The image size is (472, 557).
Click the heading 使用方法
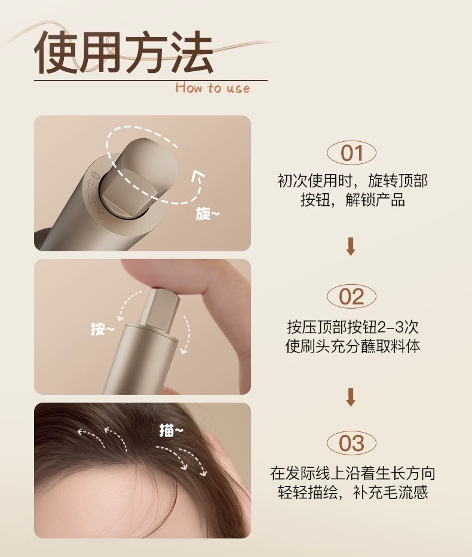pos(124,52)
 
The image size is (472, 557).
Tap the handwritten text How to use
pos(213,88)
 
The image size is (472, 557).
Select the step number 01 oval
pos(351,153)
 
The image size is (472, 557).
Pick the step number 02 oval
pos(351,296)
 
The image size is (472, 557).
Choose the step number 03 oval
pos(351,443)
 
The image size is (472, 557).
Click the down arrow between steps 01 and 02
pos(351,246)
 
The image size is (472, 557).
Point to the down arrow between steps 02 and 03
pos(351,397)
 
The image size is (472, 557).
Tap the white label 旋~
pos(208,214)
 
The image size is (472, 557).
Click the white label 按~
pos(103,329)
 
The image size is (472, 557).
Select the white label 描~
pos(171,431)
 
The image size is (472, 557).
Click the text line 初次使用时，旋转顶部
pos(353,181)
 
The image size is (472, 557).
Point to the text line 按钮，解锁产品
pos(353,200)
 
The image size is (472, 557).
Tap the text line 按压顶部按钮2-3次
pos(353,327)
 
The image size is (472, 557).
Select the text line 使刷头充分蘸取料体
pos(353,346)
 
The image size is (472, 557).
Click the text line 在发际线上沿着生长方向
pos(353,473)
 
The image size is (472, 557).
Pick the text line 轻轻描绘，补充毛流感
pos(353,492)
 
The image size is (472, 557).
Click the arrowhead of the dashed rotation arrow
pos(198,175)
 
